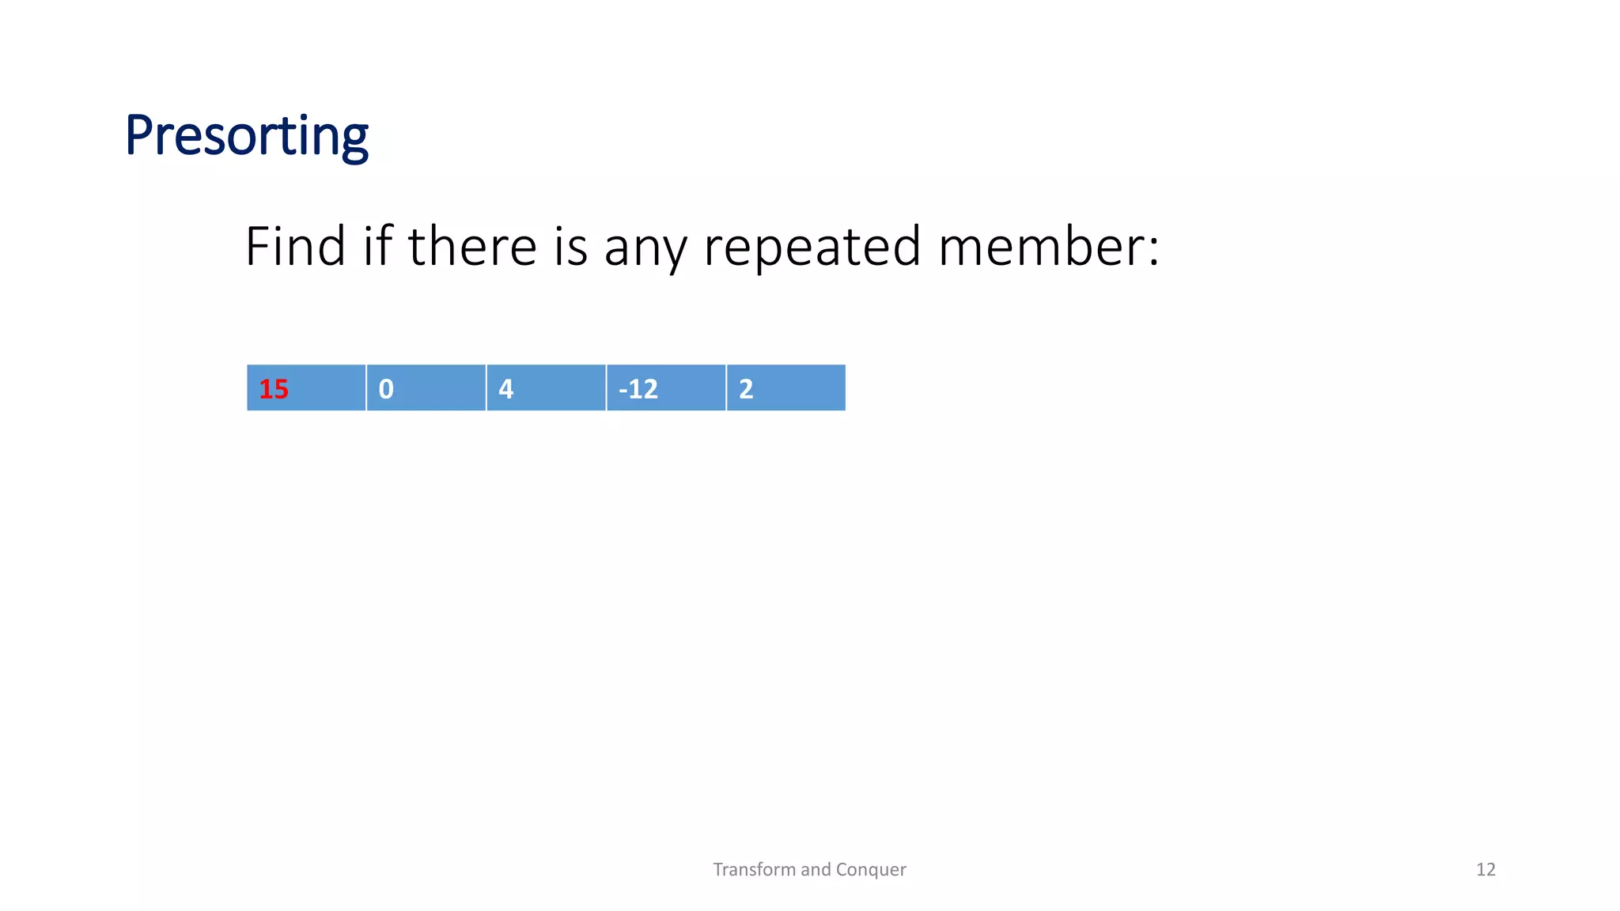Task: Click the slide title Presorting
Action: (x=246, y=136)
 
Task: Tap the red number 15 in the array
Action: (x=274, y=389)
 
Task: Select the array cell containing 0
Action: (x=426, y=388)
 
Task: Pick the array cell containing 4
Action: (x=546, y=388)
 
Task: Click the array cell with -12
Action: (x=665, y=388)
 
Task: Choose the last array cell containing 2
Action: (x=785, y=388)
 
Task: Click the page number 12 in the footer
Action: (x=1486, y=870)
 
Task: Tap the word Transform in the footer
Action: (x=754, y=870)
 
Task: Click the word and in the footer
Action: (x=816, y=870)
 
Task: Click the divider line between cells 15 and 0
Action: (x=366, y=388)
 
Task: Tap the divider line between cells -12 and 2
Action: (x=725, y=388)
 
